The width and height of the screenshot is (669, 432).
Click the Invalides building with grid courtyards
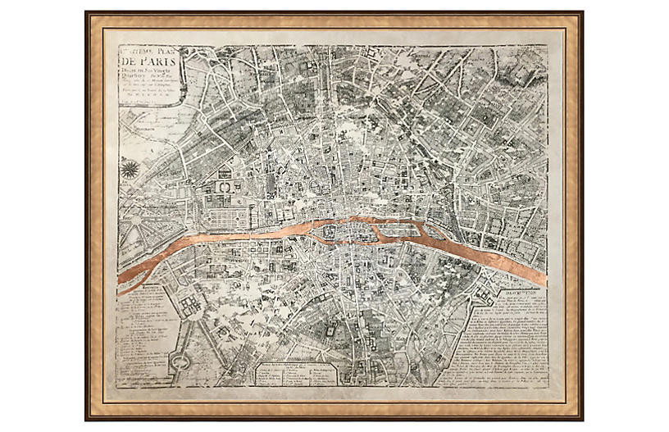coord(186,311)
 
